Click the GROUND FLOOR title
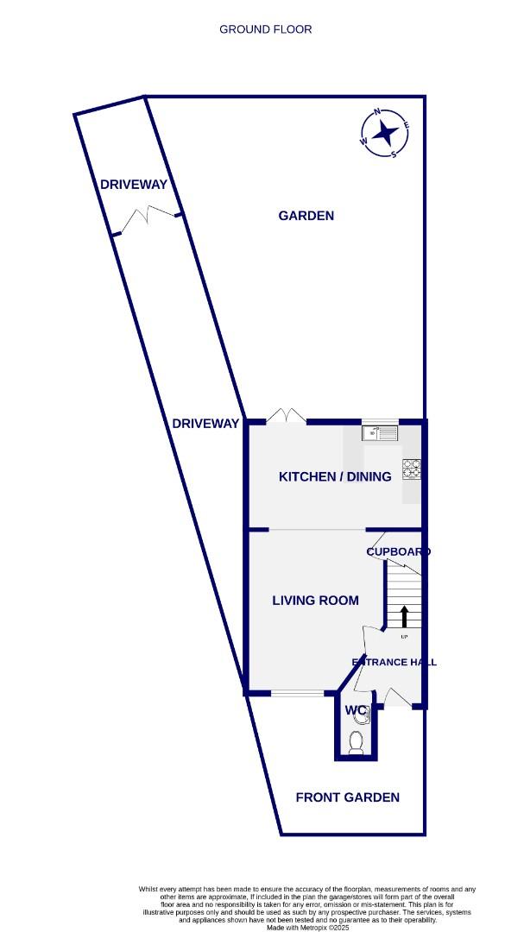tap(266, 29)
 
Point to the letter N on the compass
tap(377, 112)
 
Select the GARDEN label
tap(306, 216)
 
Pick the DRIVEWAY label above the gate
tap(133, 185)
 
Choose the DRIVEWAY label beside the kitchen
tap(205, 423)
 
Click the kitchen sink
tap(379, 432)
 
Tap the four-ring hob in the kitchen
tap(412, 469)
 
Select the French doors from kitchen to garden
tap(286, 418)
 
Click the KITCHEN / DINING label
tap(335, 476)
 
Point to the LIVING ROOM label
tap(315, 601)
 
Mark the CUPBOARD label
tap(398, 551)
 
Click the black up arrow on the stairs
tap(403, 615)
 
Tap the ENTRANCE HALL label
tap(394, 663)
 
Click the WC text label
tap(356, 710)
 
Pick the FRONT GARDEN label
tap(347, 797)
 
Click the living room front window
tap(298, 692)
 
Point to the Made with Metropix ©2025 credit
tap(306, 927)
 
